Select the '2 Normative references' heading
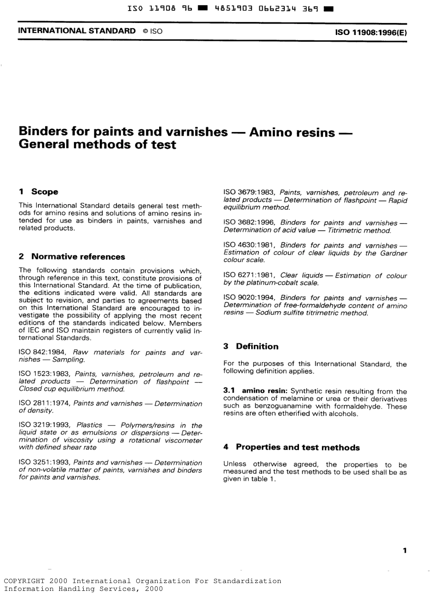(x=72, y=257)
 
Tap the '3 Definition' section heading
(x=251, y=346)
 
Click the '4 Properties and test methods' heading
(x=291, y=447)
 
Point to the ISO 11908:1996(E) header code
(x=371, y=33)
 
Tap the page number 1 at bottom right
(x=404, y=550)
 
